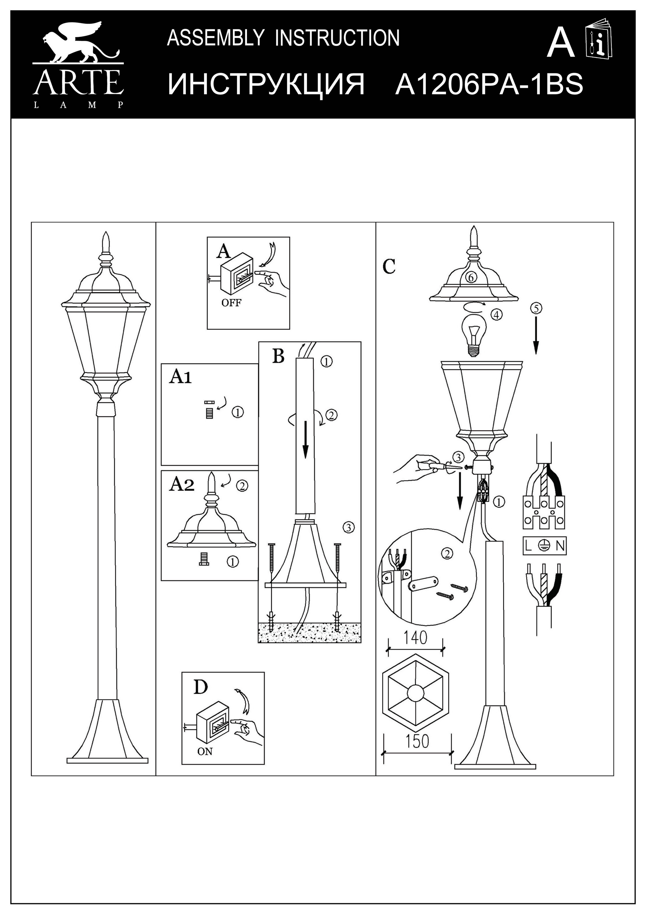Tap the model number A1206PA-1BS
[x=489, y=84]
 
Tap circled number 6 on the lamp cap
[x=470, y=278]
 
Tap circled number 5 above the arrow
[x=536, y=308]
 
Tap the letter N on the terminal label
[x=560, y=546]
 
